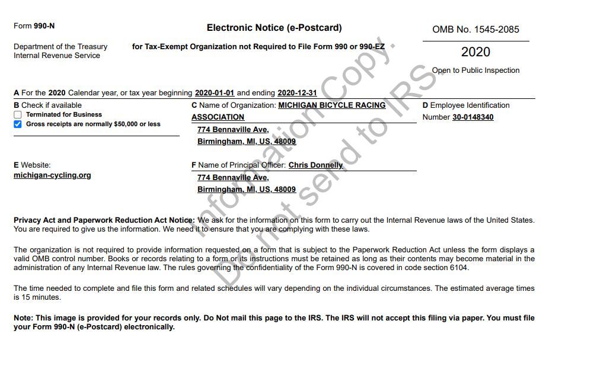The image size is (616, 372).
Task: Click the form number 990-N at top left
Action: pos(44,26)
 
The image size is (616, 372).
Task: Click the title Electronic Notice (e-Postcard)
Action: pos(274,28)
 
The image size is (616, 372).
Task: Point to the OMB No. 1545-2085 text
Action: pos(475,30)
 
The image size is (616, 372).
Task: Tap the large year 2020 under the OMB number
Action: pos(475,52)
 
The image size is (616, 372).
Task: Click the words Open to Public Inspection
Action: pos(475,70)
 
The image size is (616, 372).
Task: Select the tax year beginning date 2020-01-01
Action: pos(215,93)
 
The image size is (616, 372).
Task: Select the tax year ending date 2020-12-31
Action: pos(297,93)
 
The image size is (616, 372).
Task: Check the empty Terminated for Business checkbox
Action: pos(18,115)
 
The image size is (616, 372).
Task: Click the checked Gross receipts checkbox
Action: pos(18,124)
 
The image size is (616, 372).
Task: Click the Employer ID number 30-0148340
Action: pos(473,117)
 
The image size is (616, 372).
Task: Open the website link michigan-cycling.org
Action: pos(52,175)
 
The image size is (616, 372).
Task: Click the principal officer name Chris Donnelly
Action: pos(315,165)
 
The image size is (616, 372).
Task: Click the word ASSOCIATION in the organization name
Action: pos(218,117)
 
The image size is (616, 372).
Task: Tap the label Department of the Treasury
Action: pos(60,47)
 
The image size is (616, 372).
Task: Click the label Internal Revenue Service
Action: pos(57,56)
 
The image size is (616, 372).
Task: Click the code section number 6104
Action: pos(458,268)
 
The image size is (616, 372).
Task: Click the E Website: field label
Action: pos(32,165)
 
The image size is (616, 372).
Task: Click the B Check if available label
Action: pos(47,105)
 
